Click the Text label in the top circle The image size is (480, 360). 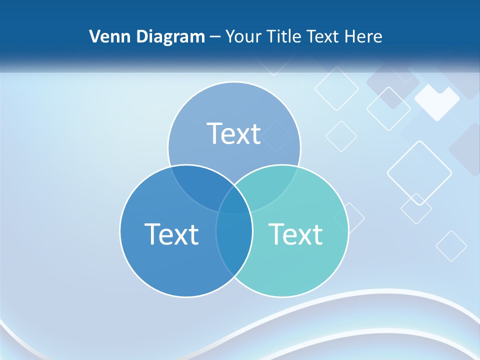pyautogui.click(x=233, y=133)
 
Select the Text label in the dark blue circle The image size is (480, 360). pyautogui.click(x=171, y=233)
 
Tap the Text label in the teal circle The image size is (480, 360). pyautogui.click(x=295, y=233)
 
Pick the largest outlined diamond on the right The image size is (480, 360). pyautogui.click(x=419, y=173)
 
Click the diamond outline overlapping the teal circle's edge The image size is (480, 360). pyautogui.click(x=350, y=218)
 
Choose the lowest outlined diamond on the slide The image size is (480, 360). pyautogui.click(x=451, y=246)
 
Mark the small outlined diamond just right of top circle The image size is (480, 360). pyautogui.click(x=341, y=136)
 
